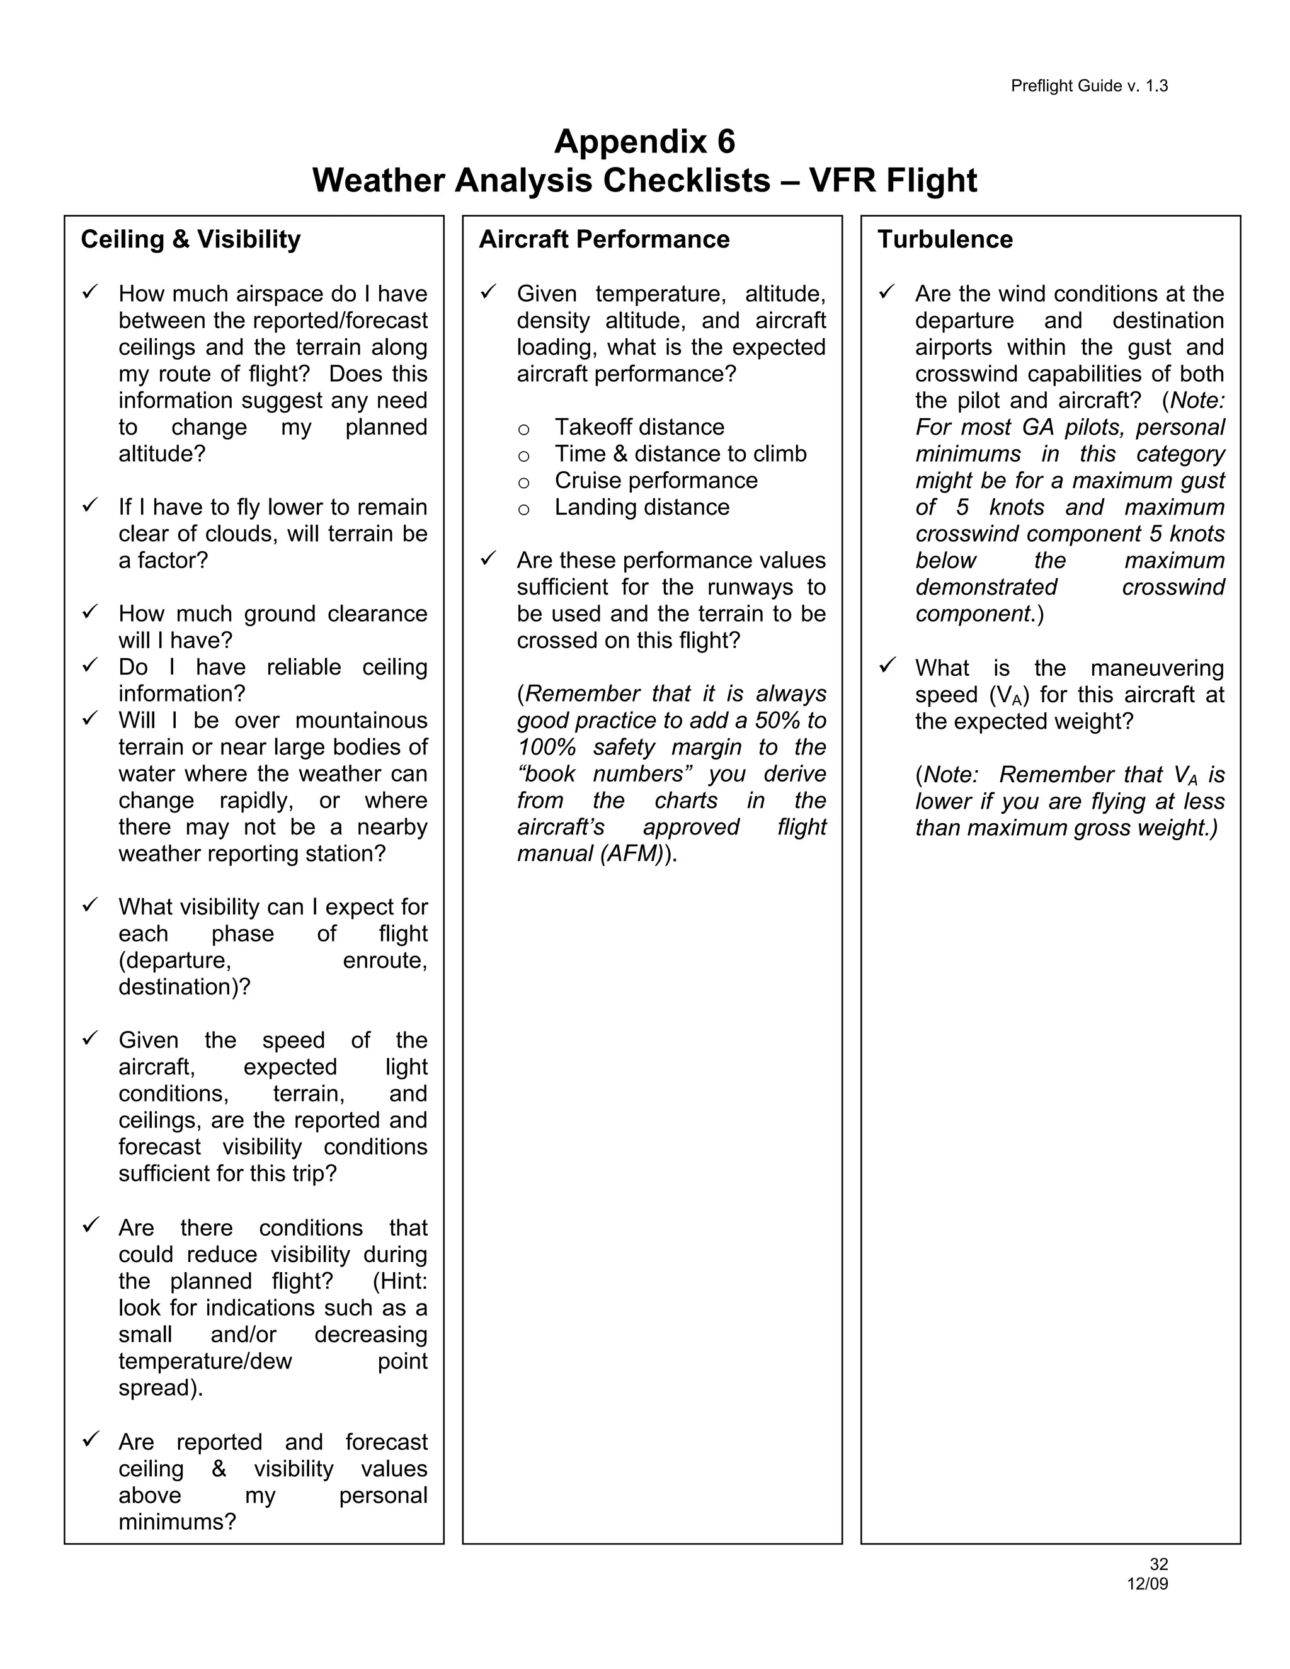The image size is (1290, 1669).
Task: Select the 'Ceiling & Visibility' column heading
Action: click(190, 240)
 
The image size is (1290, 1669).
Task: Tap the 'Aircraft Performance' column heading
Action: click(603, 240)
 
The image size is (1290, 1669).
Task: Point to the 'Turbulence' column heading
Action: click(945, 240)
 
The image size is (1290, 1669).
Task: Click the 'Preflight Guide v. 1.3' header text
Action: click(1089, 86)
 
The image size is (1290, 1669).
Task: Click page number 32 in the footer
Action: click(1158, 1565)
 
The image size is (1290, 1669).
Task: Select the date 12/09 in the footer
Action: click(1147, 1584)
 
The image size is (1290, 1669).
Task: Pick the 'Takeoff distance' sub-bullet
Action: click(639, 427)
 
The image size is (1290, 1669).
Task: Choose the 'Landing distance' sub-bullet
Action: click(642, 508)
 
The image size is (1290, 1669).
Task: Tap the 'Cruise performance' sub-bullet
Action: click(656, 481)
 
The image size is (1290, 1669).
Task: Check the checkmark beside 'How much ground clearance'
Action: click(90, 612)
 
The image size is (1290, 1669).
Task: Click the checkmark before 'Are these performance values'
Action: click(488, 559)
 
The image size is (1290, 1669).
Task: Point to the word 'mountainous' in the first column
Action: click(362, 721)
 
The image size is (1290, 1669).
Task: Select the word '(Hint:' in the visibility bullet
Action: click(400, 1282)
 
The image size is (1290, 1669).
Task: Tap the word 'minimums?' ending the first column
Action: click(177, 1522)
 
